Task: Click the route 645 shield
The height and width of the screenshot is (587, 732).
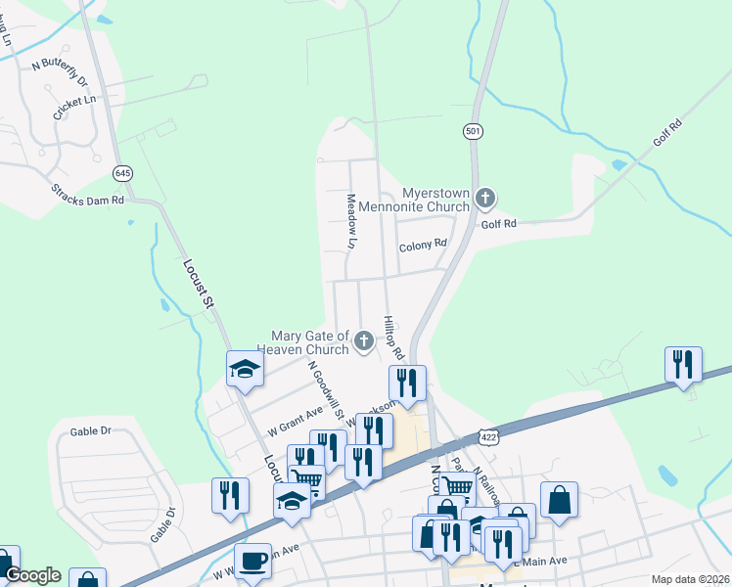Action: pos(122,173)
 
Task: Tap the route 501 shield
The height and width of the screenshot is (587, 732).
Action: pos(474,130)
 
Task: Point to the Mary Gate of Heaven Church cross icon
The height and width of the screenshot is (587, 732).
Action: pos(363,341)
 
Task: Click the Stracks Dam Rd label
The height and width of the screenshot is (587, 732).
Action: pos(90,192)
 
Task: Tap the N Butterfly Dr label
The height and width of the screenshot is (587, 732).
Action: pos(60,71)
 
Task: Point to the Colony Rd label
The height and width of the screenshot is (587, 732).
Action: pos(423,246)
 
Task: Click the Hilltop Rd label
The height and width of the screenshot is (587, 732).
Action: pos(394,336)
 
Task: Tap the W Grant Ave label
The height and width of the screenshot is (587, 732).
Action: pos(295,422)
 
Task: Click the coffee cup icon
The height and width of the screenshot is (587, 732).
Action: pos(252,562)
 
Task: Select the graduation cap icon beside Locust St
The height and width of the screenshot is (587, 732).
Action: pos(245,369)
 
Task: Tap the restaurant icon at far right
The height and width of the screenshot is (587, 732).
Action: pos(683,364)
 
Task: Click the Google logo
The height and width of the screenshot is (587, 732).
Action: pos(31,575)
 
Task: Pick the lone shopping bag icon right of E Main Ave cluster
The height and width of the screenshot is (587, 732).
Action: pos(558,500)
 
